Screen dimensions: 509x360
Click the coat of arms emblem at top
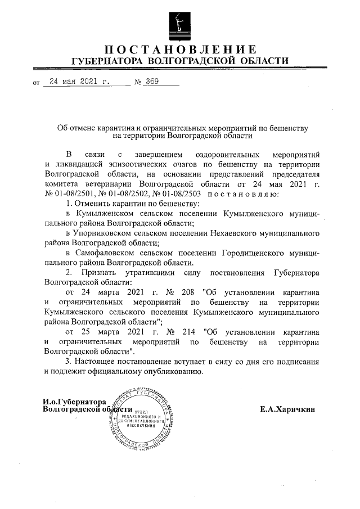coord(179,21)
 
